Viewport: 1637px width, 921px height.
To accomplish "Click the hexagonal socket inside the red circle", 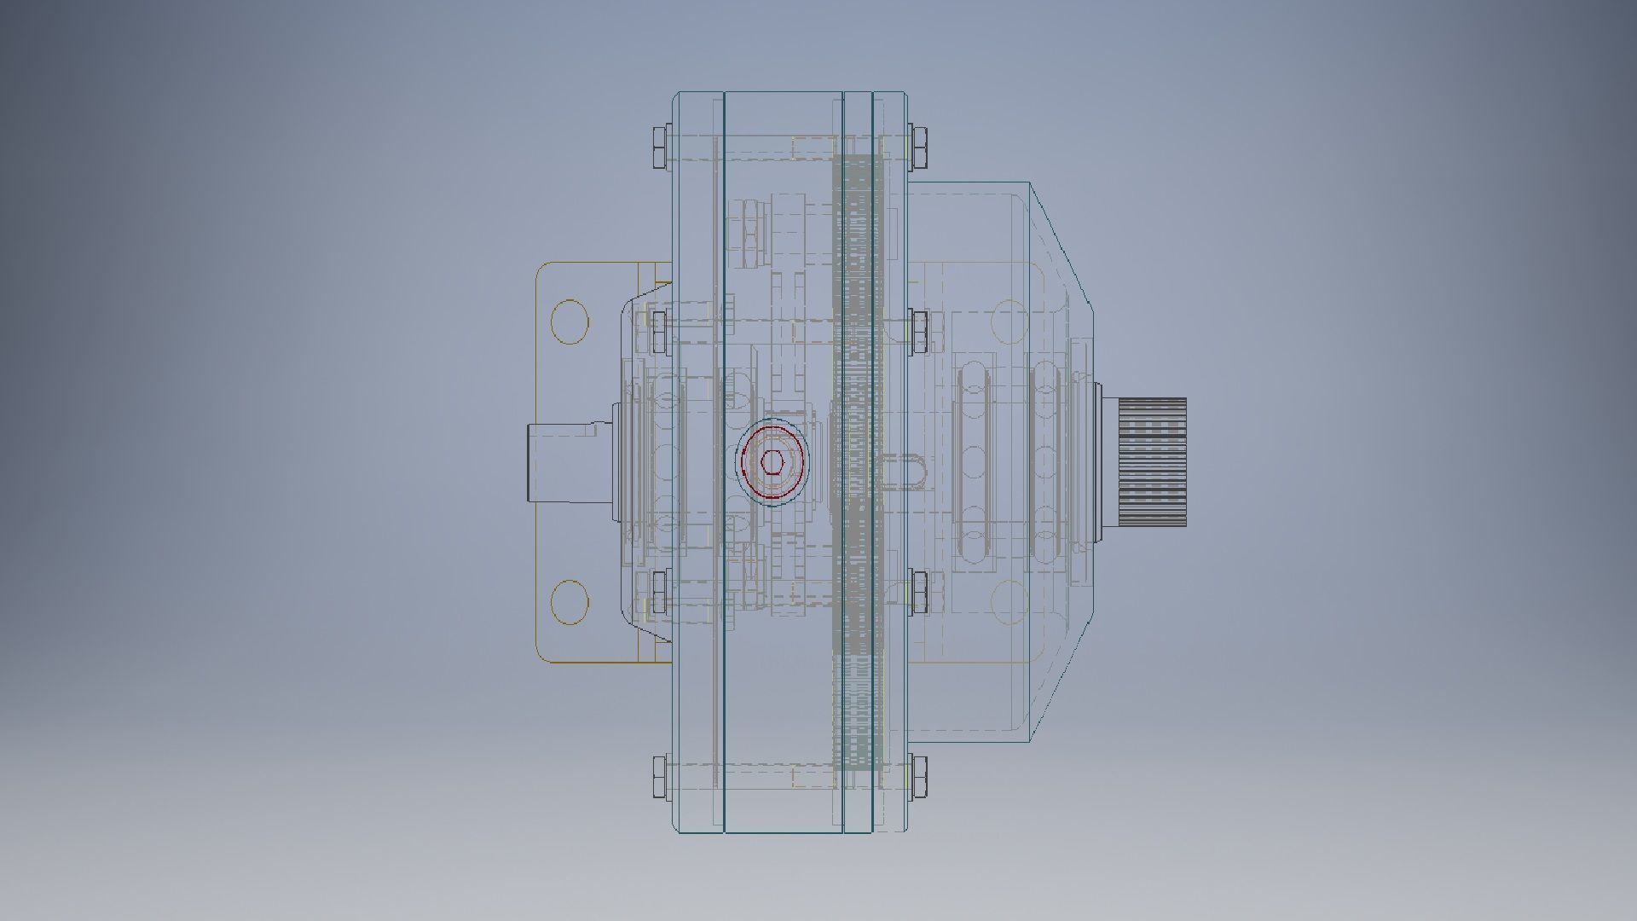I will pos(772,462).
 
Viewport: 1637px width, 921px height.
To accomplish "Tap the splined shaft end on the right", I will pos(1152,460).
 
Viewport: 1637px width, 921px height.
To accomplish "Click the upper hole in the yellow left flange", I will pos(570,321).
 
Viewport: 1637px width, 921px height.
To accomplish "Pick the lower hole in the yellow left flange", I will pos(570,601).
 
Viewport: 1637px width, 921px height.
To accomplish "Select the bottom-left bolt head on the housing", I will pos(660,777).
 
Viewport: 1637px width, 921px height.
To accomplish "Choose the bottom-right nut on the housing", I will pos(919,777).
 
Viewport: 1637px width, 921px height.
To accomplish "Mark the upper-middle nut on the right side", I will pos(920,332).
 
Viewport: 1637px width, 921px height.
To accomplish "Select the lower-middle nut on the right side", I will pos(920,591).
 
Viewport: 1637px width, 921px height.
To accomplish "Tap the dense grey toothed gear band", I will pos(856,460).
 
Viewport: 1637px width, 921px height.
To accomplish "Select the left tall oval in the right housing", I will pos(974,460).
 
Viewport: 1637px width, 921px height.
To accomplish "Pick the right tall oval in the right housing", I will pos(1044,460).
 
